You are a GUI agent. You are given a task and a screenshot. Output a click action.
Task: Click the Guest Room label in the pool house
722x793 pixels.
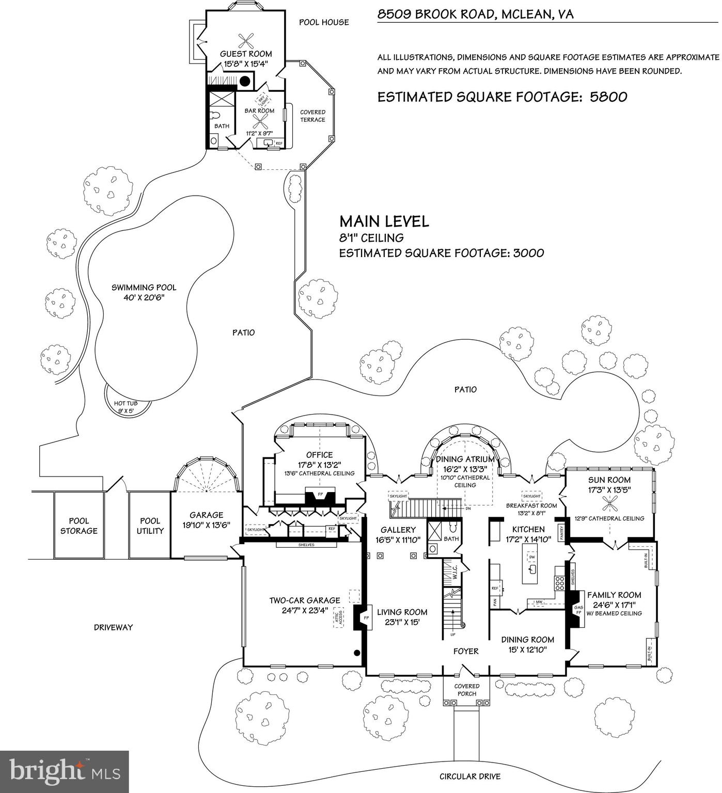(246, 54)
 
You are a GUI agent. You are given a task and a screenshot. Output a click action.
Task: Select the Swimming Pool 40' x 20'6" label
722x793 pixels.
(144, 292)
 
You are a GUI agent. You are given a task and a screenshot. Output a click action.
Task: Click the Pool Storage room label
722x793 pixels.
(79, 526)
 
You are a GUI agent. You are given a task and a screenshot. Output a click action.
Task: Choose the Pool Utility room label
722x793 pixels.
(150, 526)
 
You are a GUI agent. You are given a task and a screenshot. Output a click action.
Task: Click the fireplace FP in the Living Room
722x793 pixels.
(366, 617)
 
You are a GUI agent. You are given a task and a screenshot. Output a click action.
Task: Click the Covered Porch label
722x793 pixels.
(467, 690)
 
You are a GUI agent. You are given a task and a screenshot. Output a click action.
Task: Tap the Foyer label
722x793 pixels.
(466, 652)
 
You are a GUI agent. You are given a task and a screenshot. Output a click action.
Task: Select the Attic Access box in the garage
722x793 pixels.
(339, 619)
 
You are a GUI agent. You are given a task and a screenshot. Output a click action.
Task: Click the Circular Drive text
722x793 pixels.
(469, 776)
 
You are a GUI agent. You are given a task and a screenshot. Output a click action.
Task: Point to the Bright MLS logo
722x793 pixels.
(65, 772)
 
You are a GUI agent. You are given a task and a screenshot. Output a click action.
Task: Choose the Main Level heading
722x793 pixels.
(384, 221)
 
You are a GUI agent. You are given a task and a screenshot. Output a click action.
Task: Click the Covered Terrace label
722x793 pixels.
(313, 116)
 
